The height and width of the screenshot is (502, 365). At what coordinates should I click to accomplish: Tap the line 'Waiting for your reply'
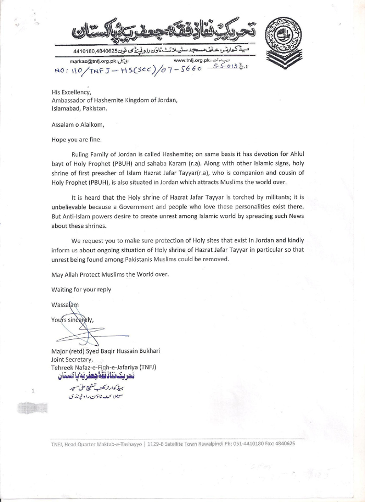[x=81, y=289]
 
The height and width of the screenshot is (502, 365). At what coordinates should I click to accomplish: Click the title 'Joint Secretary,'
[x=72, y=359]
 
